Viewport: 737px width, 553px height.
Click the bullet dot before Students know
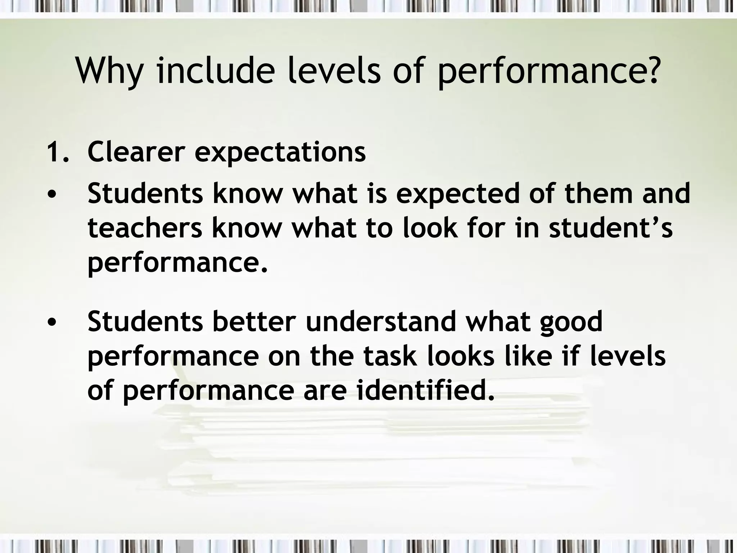pos(52,195)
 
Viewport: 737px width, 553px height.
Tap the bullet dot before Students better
pos(52,322)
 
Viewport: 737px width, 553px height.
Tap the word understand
pos(381,322)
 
